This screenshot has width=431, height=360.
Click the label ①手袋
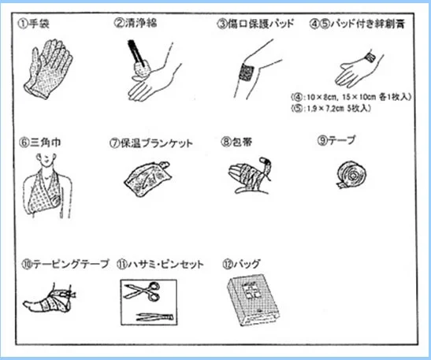(34, 24)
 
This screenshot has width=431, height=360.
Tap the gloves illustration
(48, 69)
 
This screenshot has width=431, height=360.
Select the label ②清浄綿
(136, 23)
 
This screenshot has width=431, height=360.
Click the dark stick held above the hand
(136, 54)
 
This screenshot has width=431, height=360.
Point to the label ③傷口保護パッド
(255, 24)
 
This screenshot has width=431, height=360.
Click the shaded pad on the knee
(247, 72)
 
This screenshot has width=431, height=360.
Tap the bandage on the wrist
(370, 57)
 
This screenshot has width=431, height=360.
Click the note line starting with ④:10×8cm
(351, 97)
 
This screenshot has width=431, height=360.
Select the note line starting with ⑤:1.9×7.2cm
(331, 108)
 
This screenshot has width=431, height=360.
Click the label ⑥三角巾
(39, 143)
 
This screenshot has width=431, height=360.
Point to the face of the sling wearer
(46, 160)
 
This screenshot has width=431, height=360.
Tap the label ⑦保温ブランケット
(151, 143)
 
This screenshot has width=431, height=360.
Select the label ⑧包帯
(236, 142)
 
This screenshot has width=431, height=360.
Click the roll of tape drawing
(352, 175)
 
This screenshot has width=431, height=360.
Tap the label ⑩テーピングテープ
(65, 265)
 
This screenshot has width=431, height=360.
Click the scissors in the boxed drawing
(142, 291)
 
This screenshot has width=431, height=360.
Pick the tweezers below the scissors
(155, 317)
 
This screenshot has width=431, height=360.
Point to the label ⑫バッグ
(241, 264)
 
